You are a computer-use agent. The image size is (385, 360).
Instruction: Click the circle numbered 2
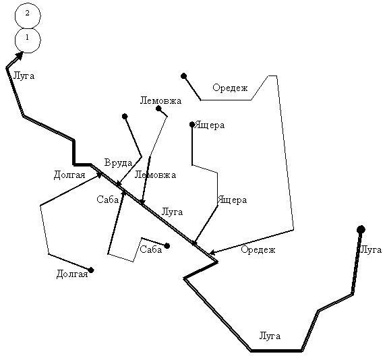click(x=28, y=16)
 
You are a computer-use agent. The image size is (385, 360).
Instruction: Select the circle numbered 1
click(x=28, y=40)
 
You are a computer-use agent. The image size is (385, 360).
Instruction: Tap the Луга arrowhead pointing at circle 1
click(x=20, y=56)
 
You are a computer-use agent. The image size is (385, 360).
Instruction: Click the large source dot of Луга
click(x=361, y=230)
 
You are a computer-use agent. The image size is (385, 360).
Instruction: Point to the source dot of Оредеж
click(x=183, y=76)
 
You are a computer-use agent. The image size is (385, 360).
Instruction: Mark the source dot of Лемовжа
click(x=158, y=109)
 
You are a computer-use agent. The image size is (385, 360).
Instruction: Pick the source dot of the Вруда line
click(x=125, y=116)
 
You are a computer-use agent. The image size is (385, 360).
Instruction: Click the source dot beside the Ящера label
click(x=192, y=125)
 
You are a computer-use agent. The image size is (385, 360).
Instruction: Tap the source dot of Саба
click(x=167, y=246)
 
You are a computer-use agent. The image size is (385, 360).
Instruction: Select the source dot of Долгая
click(x=91, y=270)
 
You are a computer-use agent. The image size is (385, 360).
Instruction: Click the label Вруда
click(x=118, y=163)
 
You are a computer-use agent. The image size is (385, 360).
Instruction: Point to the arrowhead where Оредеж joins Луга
click(x=212, y=252)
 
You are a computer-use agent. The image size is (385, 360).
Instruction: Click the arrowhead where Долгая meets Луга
click(x=99, y=175)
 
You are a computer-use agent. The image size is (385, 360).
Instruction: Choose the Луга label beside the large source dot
click(x=371, y=249)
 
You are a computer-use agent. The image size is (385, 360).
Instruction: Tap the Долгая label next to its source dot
click(x=72, y=274)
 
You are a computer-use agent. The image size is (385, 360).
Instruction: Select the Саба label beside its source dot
click(x=151, y=249)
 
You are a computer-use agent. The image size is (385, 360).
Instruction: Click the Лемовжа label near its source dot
click(x=160, y=100)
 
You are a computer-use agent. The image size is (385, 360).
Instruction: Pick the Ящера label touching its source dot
click(x=210, y=125)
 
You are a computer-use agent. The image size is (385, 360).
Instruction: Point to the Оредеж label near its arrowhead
click(x=258, y=249)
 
